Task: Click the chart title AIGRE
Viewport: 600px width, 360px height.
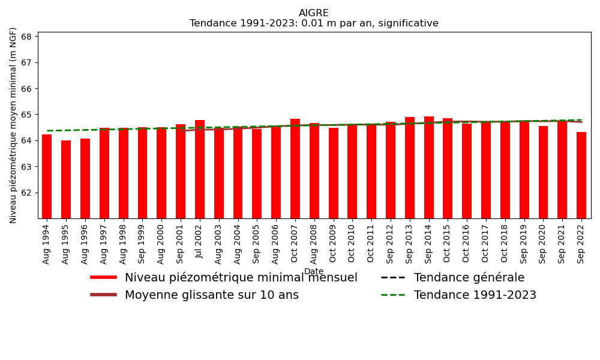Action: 314,13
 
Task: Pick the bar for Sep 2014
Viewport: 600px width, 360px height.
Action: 429,167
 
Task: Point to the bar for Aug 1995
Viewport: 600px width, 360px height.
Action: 66,179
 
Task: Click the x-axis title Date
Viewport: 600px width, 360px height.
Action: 314,272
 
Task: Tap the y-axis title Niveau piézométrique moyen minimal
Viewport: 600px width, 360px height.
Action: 13,125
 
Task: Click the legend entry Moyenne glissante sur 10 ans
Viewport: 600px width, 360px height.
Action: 211,295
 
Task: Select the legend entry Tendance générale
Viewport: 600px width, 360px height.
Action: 469,278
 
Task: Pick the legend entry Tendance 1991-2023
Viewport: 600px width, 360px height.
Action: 475,295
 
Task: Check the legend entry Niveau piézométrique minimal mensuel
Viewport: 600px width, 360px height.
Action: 241,278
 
